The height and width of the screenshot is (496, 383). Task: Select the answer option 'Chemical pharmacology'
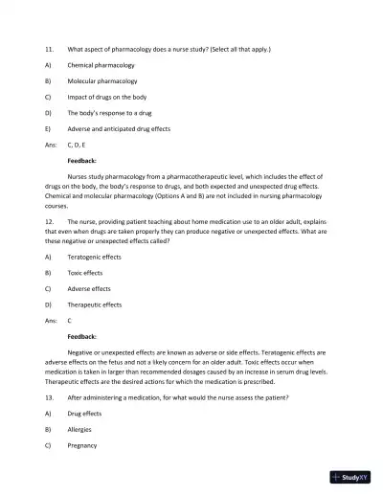click(x=101, y=65)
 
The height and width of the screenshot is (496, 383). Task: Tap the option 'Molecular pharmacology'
click(x=101, y=81)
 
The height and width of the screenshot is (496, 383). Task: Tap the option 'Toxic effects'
click(x=84, y=273)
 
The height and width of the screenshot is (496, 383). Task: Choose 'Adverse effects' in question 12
click(x=88, y=288)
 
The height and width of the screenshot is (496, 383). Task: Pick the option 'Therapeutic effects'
click(x=94, y=304)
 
